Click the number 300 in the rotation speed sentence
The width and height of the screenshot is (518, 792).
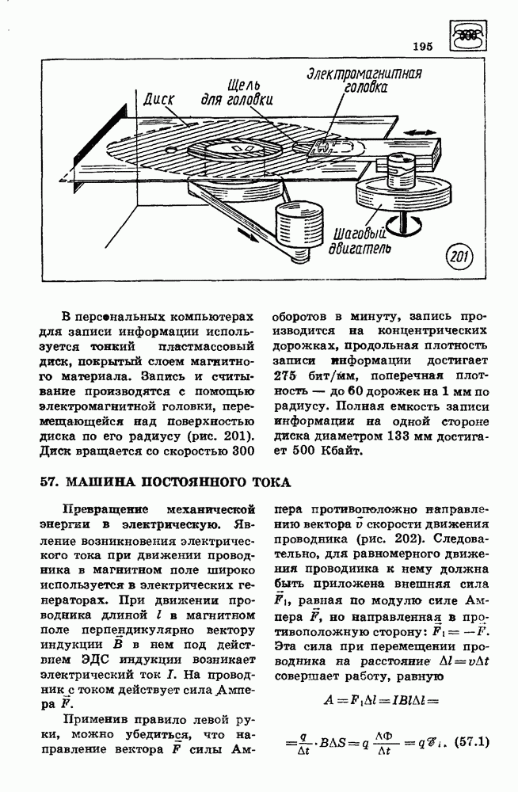coord(239,451)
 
